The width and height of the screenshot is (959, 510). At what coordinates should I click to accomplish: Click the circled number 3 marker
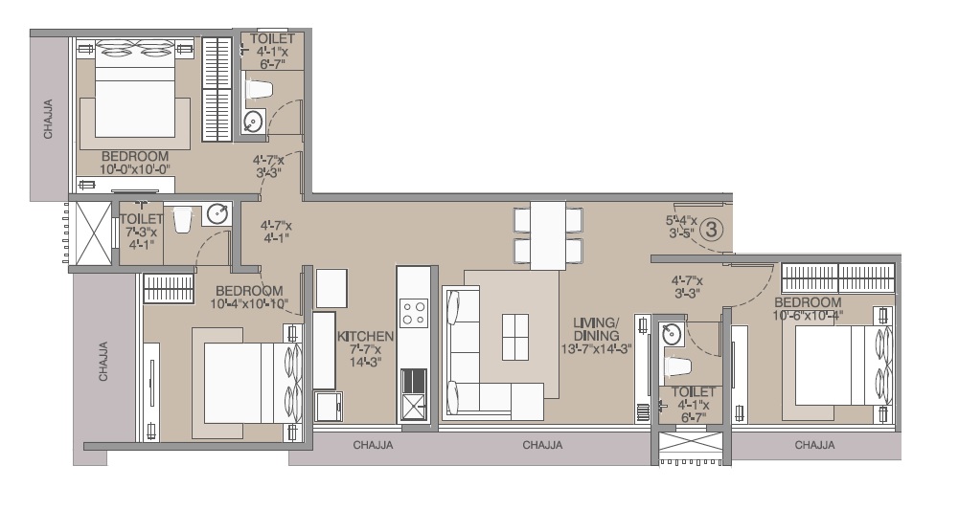(x=711, y=230)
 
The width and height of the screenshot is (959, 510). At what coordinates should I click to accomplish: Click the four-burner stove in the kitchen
(x=414, y=313)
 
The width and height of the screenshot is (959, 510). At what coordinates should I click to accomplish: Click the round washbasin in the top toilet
(x=253, y=122)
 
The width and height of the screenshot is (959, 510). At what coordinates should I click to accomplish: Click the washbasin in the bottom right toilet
(x=674, y=335)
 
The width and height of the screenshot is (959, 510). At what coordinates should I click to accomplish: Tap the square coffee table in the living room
(x=514, y=337)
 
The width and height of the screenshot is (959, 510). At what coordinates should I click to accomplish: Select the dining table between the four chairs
(x=548, y=235)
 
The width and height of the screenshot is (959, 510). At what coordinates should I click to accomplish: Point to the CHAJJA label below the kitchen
(x=373, y=445)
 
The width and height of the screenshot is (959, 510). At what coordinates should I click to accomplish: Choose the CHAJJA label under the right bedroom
(x=814, y=445)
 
